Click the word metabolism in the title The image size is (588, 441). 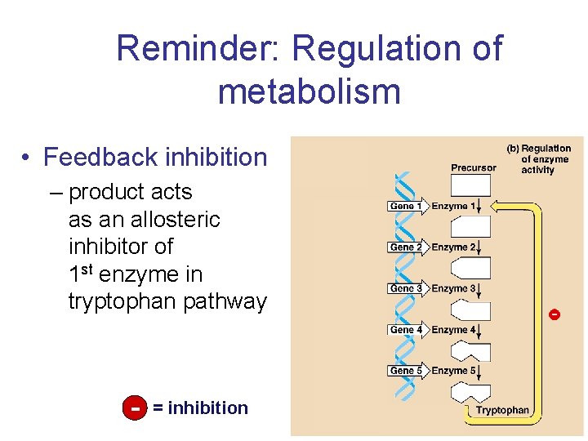(x=310, y=91)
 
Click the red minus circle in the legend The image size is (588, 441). (x=134, y=408)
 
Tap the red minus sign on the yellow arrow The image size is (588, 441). (x=555, y=314)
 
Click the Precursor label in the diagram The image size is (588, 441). (x=473, y=167)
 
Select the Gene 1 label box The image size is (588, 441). (x=406, y=207)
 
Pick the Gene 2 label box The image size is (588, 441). (x=406, y=247)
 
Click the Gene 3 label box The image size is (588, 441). (x=406, y=288)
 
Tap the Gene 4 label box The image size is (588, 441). (x=406, y=330)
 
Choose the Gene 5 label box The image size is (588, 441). (x=406, y=371)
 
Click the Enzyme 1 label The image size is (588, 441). (x=452, y=207)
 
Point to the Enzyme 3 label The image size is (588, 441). (x=452, y=288)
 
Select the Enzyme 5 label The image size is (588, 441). (x=452, y=371)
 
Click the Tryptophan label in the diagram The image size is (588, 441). (x=502, y=410)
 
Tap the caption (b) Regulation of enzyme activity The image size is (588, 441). (x=538, y=159)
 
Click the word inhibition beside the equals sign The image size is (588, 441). (x=207, y=408)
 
